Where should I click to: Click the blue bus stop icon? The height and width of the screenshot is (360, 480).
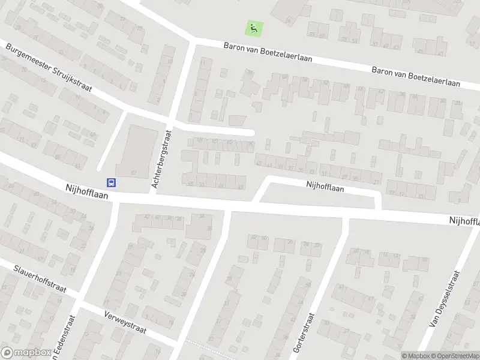click(x=111, y=182)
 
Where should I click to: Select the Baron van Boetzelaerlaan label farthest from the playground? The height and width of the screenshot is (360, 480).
click(x=416, y=76)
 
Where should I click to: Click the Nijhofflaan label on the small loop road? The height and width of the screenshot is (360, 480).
click(x=325, y=187)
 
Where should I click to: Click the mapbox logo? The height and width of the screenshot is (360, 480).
click(x=25, y=353)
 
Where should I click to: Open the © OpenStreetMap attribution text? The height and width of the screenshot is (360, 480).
click(x=455, y=356)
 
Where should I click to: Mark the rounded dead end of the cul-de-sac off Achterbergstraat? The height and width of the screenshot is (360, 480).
click(x=252, y=133)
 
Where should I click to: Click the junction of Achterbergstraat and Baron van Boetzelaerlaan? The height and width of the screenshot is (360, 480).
click(x=193, y=41)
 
